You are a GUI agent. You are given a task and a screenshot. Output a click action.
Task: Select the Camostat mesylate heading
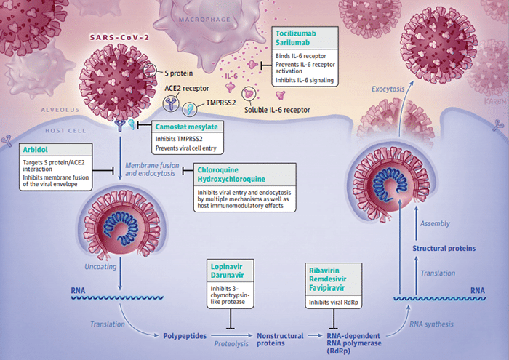coord(186,127)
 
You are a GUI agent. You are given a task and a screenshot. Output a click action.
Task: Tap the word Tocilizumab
coord(296,33)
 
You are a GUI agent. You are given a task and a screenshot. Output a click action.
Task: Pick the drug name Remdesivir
coord(327,279)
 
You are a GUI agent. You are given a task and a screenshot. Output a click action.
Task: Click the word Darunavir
coord(227,276)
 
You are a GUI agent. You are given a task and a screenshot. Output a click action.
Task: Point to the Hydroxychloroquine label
coord(231,179)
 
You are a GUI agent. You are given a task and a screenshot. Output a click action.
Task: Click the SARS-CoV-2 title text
coord(119,37)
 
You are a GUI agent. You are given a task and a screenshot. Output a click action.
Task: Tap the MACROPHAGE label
coord(204,20)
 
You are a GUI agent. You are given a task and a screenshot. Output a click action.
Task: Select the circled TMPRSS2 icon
coord(190,109)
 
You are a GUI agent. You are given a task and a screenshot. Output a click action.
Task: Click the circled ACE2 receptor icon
coord(171,103)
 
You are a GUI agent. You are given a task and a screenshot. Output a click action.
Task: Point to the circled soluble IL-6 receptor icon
coord(249,94)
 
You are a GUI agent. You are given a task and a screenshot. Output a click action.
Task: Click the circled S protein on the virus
coord(150,70)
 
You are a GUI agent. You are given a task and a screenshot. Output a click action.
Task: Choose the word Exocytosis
coord(388,89)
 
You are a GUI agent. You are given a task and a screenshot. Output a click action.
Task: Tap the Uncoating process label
coord(100,267)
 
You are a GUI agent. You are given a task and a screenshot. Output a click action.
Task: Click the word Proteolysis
coord(231,344)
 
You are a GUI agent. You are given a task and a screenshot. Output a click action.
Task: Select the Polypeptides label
coord(185,336)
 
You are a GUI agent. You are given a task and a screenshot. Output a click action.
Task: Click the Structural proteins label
coord(444,248)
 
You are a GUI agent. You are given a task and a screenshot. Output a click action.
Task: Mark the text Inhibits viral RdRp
coord(333,303)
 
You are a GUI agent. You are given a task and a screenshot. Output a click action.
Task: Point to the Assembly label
coord(435,224)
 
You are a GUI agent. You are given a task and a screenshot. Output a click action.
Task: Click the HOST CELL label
coord(65,131)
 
